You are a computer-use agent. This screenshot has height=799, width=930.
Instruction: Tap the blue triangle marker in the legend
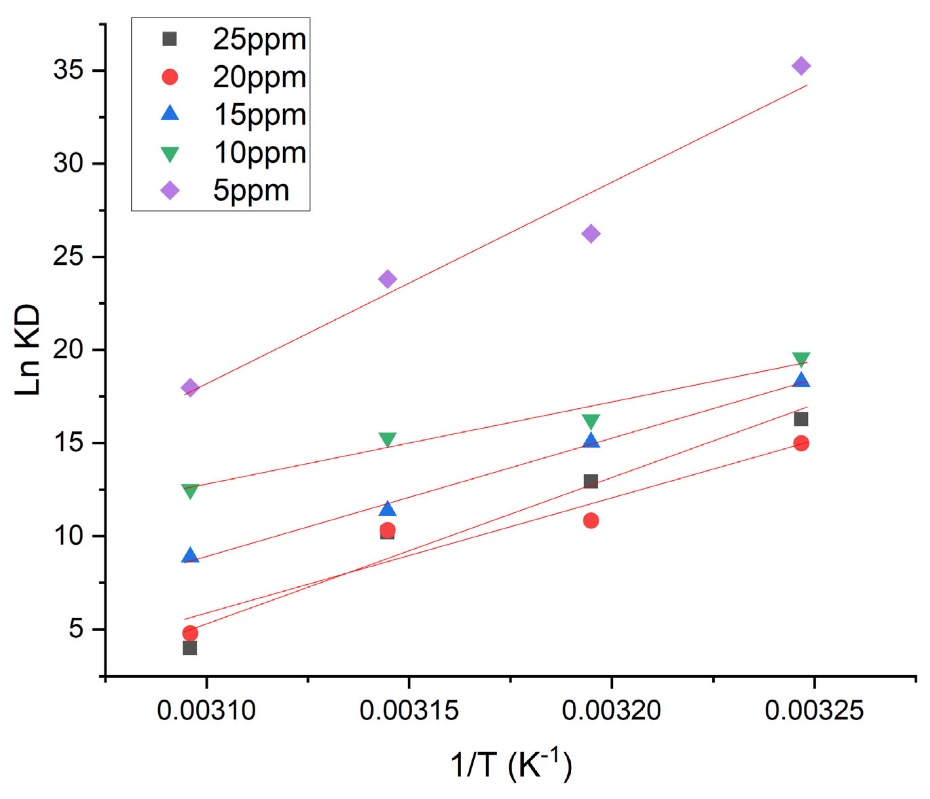click(170, 113)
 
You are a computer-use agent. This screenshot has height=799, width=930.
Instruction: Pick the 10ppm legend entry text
click(260, 153)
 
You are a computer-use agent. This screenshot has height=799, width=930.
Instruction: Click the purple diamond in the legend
click(170, 190)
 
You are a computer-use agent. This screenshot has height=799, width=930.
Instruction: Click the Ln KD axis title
click(28, 350)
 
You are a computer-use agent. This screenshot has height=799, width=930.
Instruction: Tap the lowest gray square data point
click(190, 648)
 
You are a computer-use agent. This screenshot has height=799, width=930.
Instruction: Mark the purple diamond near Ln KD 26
click(591, 233)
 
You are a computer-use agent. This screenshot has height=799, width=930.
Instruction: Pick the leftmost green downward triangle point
click(190, 491)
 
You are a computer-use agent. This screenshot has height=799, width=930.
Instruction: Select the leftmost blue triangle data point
click(190, 556)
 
